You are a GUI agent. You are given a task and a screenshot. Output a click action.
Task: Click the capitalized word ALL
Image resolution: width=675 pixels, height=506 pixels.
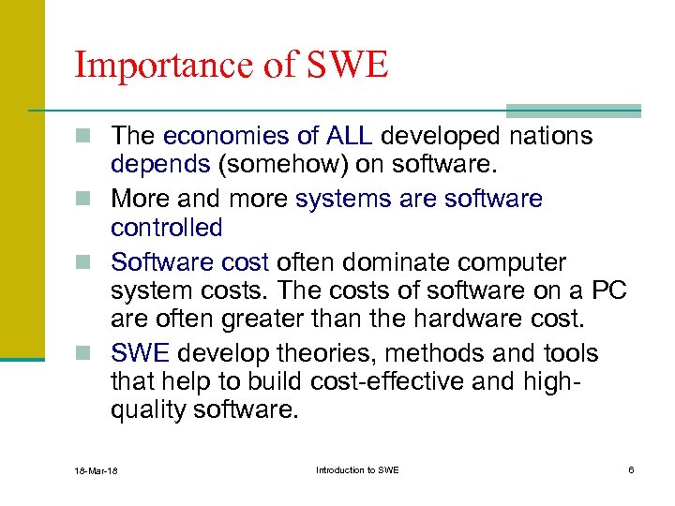pos(349,136)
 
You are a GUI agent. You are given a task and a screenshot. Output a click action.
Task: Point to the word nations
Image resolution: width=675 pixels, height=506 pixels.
pos(551,136)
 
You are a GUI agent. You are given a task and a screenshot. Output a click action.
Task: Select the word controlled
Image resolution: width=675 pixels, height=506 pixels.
pos(166,228)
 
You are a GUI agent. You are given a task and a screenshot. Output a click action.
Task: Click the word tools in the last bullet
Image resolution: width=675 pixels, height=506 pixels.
pos(565,354)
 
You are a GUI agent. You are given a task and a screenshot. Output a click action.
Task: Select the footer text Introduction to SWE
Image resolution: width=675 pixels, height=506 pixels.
pos(357,469)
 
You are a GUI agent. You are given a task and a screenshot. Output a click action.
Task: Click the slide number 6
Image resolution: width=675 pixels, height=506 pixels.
pos(631,469)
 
